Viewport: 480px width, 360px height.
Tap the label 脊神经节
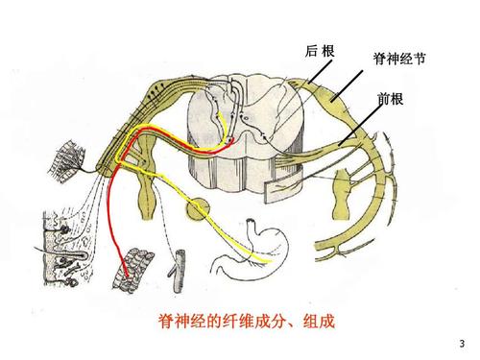398,60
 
